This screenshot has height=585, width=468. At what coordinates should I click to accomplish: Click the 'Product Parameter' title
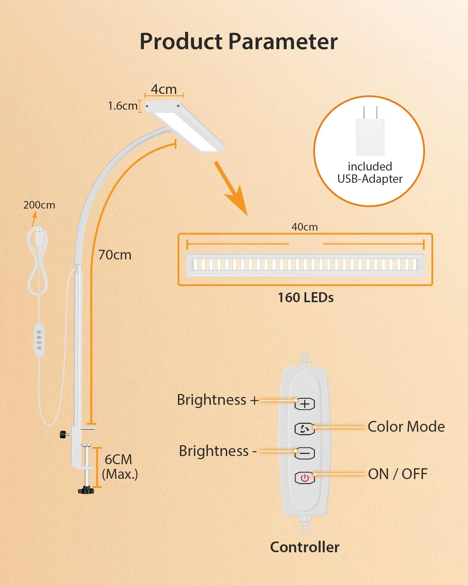pyautogui.click(x=239, y=42)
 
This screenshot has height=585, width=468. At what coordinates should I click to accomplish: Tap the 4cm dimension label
pyautogui.click(x=164, y=89)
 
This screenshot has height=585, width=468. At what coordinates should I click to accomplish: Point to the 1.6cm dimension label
pyautogui.click(x=123, y=106)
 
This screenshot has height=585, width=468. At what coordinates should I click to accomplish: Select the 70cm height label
pyautogui.click(x=115, y=255)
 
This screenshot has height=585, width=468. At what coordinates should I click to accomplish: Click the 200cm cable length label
pyautogui.click(x=39, y=205)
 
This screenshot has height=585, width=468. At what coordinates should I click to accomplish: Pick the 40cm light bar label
pyautogui.click(x=304, y=227)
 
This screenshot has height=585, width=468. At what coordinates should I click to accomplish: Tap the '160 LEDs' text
pyautogui.click(x=306, y=297)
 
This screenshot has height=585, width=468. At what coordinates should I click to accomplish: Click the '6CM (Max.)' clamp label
pyautogui.click(x=120, y=467)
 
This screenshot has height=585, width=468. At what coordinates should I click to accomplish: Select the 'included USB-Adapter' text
pyautogui.click(x=370, y=173)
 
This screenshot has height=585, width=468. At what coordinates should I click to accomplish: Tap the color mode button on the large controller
pyautogui.click(x=304, y=429)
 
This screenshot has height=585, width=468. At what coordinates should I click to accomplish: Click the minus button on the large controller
pyautogui.click(x=304, y=453)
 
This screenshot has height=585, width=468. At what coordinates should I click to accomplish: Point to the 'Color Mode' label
pyautogui.click(x=406, y=427)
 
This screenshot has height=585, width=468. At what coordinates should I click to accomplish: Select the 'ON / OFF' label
pyautogui.click(x=398, y=474)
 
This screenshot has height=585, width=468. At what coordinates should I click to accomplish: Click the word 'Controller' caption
pyautogui.click(x=305, y=547)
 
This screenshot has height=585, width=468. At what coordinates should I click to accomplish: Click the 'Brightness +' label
pyautogui.click(x=218, y=400)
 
